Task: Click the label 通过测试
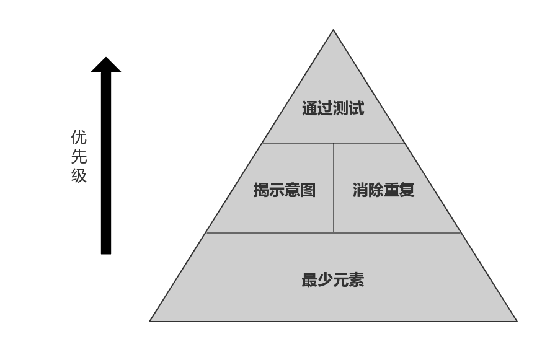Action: point(333,108)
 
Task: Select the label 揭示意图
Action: point(285,190)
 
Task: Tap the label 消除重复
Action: point(383,190)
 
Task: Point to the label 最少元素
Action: point(332,280)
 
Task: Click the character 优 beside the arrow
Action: point(79,137)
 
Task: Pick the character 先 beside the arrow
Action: point(79,156)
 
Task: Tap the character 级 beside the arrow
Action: point(79,175)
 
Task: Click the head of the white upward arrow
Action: point(106,64)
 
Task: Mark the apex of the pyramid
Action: point(334,31)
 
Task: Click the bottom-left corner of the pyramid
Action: point(151,320)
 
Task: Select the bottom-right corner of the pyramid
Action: point(515,320)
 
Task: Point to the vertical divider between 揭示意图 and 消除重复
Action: point(334,188)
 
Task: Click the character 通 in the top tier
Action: point(310,108)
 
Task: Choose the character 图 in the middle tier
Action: point(308,190)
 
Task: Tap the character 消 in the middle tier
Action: point(360,190)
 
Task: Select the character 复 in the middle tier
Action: point(407,190)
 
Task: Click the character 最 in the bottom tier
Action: point(309,280)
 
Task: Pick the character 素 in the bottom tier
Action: point(356,280)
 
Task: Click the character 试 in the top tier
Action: point(357,108)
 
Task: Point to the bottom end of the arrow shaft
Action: point(106,253)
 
